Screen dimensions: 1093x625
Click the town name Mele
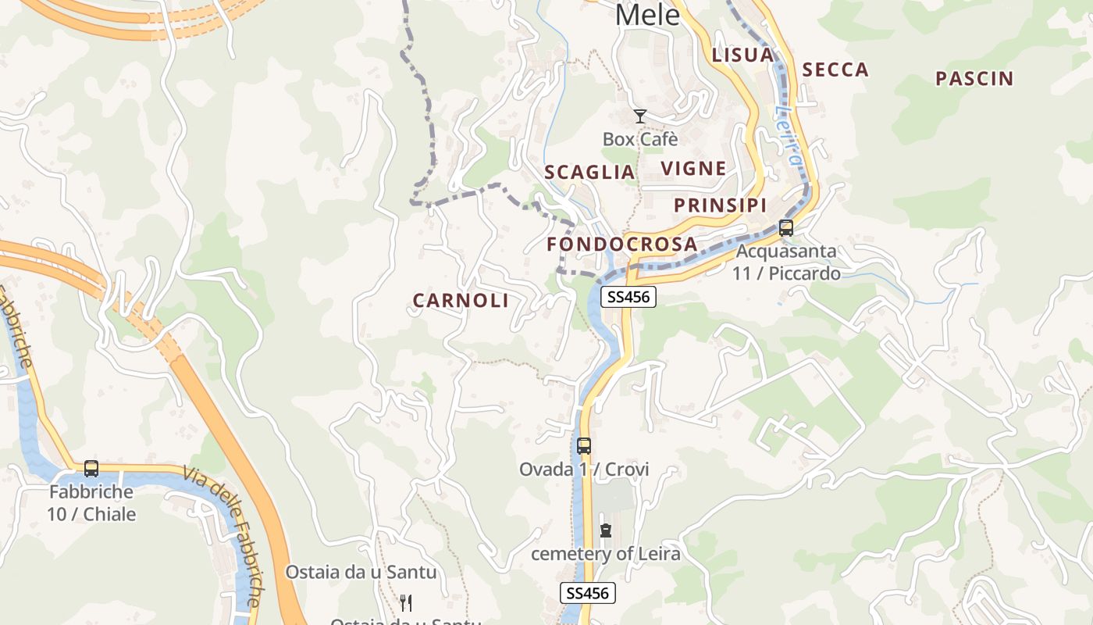[x=647, y=14]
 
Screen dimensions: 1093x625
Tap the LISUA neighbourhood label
[x=742, y=55]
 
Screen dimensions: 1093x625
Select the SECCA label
[x=835, y=70]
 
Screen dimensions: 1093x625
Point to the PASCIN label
[x=974, y=79]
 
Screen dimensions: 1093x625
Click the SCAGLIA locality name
[x=589, y=173]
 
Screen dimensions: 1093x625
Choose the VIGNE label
[x=693, y=169]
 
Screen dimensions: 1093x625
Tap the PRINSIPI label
[x=720, y=205]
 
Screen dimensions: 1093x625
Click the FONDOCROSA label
[x=621, y=245]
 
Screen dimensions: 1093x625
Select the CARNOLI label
[x=461, y=301]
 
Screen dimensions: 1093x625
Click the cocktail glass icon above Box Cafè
[x=640, y=116]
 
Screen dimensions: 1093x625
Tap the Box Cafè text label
[x=640, y=139]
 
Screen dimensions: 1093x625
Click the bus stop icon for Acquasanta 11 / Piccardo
[x=786, y=228]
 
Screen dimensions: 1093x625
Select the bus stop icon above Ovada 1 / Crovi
[x=584, y=446]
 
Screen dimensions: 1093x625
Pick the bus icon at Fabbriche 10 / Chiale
[x=91, y=469]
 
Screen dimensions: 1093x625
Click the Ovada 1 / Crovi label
[x=584, y=470]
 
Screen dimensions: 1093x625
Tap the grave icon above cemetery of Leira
[x=606, y=530]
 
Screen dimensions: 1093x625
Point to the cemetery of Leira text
[x=606, y=554]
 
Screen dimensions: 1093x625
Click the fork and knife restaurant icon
[x=405, y=602]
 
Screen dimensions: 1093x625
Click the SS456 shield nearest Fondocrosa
[x=628, y=297]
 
